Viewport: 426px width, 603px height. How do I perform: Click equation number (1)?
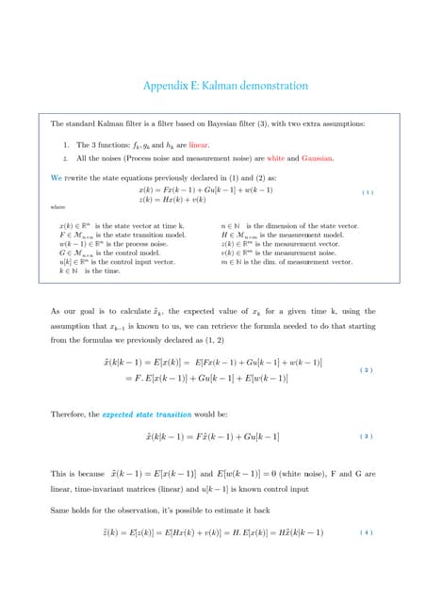pos(368,193)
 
